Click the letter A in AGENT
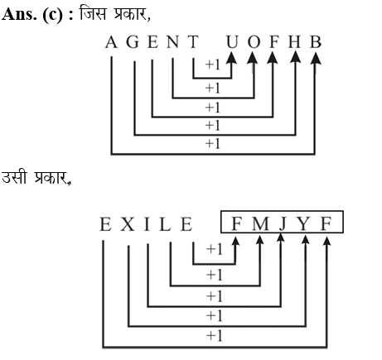coord(111,42)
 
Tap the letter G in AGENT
coord(133,42)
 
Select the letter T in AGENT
coord(193,42)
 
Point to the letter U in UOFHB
coord(232,42)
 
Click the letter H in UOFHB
coord(294,42)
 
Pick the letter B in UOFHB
coord(316,42)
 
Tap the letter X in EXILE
coord(128,224)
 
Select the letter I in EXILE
coord(147,224)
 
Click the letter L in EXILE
coord(165,224)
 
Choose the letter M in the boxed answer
coord(260,223)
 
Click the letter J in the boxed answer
coord(283,224)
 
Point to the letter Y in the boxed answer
coord(303,223)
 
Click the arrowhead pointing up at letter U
coord(231,58)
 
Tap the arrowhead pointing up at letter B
coord(316,58)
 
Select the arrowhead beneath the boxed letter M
coord(259,240)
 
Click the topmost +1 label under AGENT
coord(213,65)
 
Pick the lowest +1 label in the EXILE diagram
coord(215,336)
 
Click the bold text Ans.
coord(19,14)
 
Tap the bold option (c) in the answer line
coord(52,15)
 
